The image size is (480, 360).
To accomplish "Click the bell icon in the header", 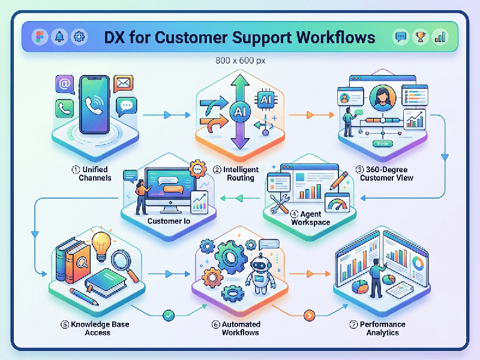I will pyautogui.click(x=59, y=37).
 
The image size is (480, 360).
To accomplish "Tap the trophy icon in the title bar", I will pyautogui.click(x=421, y=37).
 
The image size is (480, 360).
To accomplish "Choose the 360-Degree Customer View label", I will pyautogui.click(x=387, y=173).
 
